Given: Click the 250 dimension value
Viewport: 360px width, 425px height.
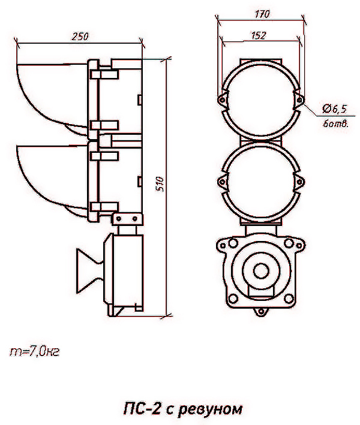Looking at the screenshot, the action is click(x=80, y=37).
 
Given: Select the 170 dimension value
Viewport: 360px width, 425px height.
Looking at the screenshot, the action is click(x=262, y=14).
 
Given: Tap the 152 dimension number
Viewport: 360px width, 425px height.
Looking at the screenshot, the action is click(x=259, y=35).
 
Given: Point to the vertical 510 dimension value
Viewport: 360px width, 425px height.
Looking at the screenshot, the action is click(x=161, y=184).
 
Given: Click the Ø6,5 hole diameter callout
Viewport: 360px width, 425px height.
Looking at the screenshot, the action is click(x=334, y=109).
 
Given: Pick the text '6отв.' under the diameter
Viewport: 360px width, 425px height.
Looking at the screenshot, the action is click(x=335, y=124).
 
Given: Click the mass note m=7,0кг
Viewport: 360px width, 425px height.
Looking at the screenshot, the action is click(x=34, y=351).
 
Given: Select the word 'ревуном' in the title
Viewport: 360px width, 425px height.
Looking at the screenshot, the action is click(x=211, y=409).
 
